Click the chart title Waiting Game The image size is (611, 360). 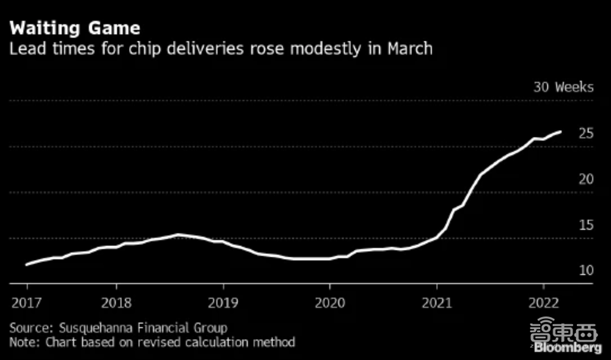(75, 28)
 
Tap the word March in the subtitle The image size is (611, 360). (409, 49)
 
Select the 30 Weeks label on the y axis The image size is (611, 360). (563, 87)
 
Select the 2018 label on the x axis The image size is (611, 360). (116, 303)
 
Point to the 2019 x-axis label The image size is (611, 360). (223, 303)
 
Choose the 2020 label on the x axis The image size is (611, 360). (330, 303)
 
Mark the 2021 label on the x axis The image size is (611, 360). (437, 303)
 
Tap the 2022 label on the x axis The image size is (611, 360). (544, 303)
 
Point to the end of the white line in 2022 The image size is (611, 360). (560, 131)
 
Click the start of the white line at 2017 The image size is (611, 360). (27, 265)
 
